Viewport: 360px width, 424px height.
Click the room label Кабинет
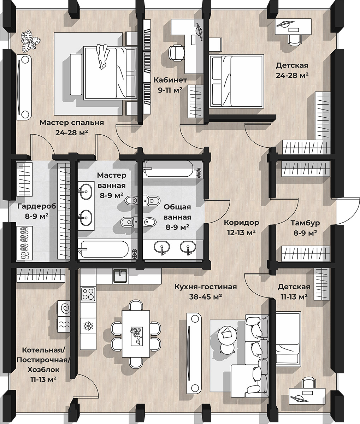tap(170, 80)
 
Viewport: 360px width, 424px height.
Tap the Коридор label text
tap(241, 222)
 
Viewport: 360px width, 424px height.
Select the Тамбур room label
tap(305, 223)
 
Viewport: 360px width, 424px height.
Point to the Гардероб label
tap(37, 206)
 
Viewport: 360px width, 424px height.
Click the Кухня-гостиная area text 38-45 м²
tap(206, 297)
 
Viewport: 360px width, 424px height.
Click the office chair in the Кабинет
tap(176, 53)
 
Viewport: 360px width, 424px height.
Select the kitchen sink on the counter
tap(120, 276)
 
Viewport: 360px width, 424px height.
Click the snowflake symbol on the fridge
tap(88, 326)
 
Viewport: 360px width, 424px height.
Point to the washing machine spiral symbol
tap(66, 308)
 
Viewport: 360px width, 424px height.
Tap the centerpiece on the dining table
tap(136, 336)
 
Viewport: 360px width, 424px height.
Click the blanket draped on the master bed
tap(103, 56)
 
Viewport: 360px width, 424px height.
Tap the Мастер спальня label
tap(72, 123)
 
